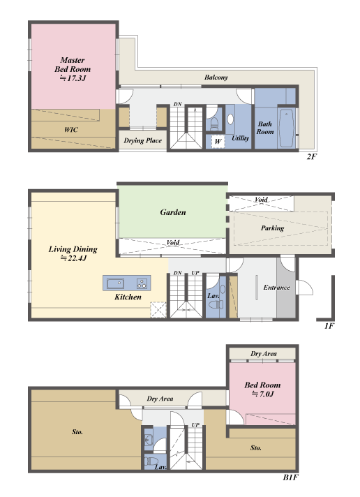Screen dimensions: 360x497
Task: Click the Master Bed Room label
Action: [73, 69]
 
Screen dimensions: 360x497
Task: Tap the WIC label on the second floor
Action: [71, 130]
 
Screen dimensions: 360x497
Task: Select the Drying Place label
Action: [142, 140]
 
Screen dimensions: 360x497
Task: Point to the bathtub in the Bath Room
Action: [287, 128]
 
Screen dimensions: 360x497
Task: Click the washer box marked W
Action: [218, 142]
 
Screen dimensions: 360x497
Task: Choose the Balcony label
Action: [216, 77]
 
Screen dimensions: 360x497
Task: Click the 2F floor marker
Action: [312, 156]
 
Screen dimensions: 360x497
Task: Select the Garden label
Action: [173, 212]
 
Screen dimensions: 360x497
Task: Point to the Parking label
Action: [273, 228]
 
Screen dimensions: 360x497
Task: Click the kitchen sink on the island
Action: [115, 283]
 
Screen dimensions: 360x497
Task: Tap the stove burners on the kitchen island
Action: [142, 283]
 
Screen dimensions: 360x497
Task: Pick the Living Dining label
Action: [73, 253]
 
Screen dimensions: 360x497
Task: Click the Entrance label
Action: [277, 288]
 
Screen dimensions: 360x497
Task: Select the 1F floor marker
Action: [329, 326]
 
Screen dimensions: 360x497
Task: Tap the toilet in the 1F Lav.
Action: [216, 305]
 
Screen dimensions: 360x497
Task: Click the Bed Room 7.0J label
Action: [262, 390]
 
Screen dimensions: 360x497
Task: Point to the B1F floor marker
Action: [291, 477]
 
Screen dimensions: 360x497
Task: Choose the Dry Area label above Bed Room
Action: [263, 354]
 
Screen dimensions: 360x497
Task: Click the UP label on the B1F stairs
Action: [195, 425]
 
